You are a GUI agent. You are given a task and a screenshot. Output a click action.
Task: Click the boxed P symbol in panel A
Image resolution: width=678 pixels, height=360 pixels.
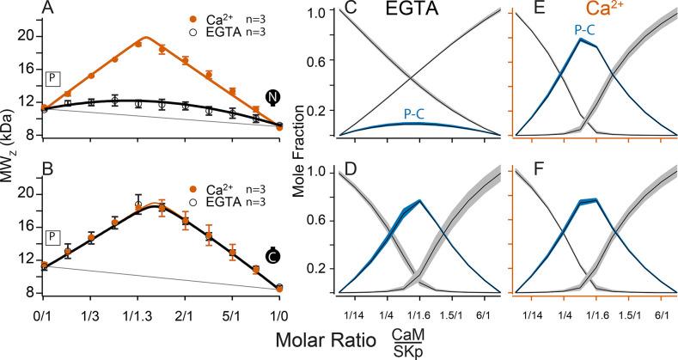(52, 78)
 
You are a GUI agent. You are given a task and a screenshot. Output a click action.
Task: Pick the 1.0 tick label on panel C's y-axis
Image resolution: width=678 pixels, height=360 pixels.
(321, 15)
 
